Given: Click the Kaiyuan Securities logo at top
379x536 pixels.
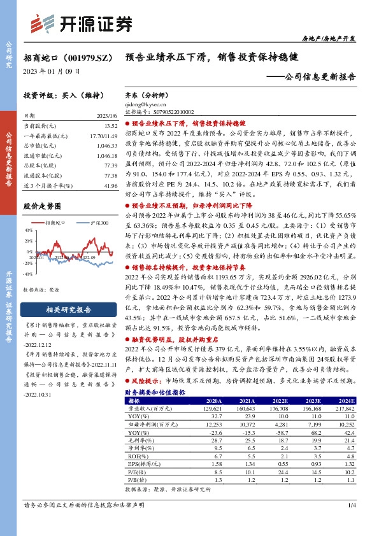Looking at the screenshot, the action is (82, 22).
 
